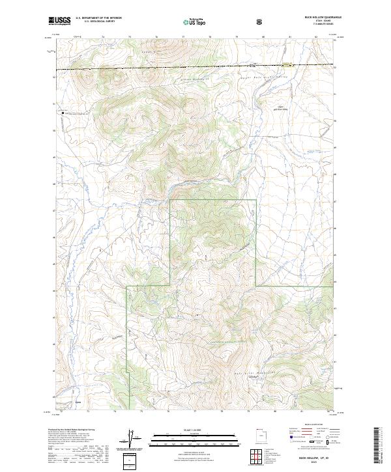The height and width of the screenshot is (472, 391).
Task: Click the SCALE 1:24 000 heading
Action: coord(186,429)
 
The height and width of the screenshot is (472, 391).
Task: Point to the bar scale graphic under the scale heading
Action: coord(186,439)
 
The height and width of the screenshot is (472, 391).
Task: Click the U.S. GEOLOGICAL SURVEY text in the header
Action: coord(96,23)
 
